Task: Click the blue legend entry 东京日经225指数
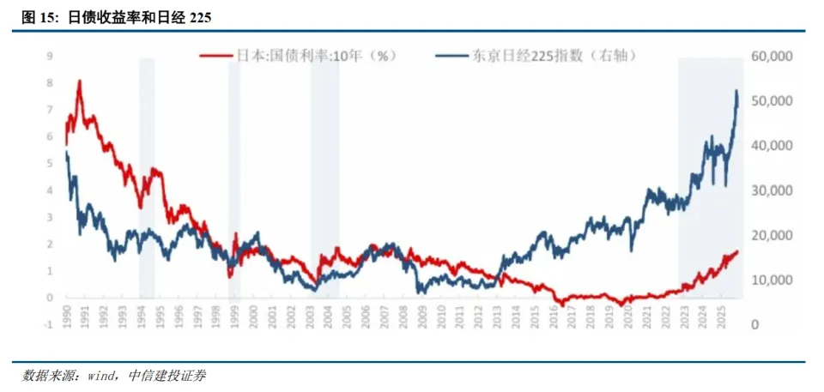click(x=549, y=56)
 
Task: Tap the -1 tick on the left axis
click(x=49, y=325)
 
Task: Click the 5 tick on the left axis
click(x=50, y=164)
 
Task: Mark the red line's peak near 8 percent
click(x=80, y=81)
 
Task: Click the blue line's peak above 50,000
click(x=736, y=90)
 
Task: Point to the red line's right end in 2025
click(x=737, y=251)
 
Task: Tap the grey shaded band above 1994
click(x=147, y=172)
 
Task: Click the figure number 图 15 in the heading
click(x=37, y=16)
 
